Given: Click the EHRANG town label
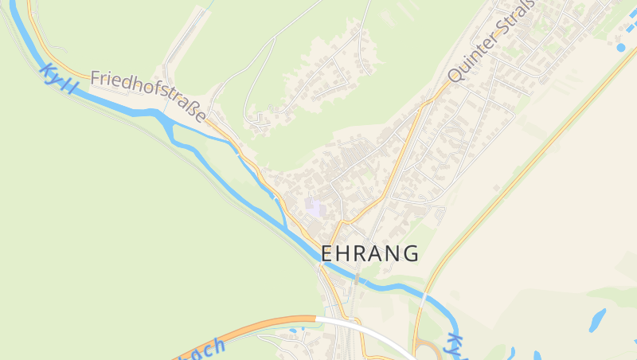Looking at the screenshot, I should pyautogui.click(x=369, y=253).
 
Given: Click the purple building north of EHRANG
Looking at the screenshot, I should pyautogui.click(x=315, y=208).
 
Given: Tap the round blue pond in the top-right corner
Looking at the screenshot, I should pyautogui.click(x=621, y=48).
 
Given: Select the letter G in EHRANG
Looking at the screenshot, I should pyautogui.click(x=409, y=253).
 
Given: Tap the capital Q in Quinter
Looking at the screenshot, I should pyautogui.click(x=455, y=74).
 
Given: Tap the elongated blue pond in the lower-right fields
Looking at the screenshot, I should pyautogui.click(x=596, y=319).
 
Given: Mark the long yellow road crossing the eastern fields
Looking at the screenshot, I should pyautogui.click(x=518, y=167).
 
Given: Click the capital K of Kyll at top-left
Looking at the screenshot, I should pyautogui.click(x=46, y=70).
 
